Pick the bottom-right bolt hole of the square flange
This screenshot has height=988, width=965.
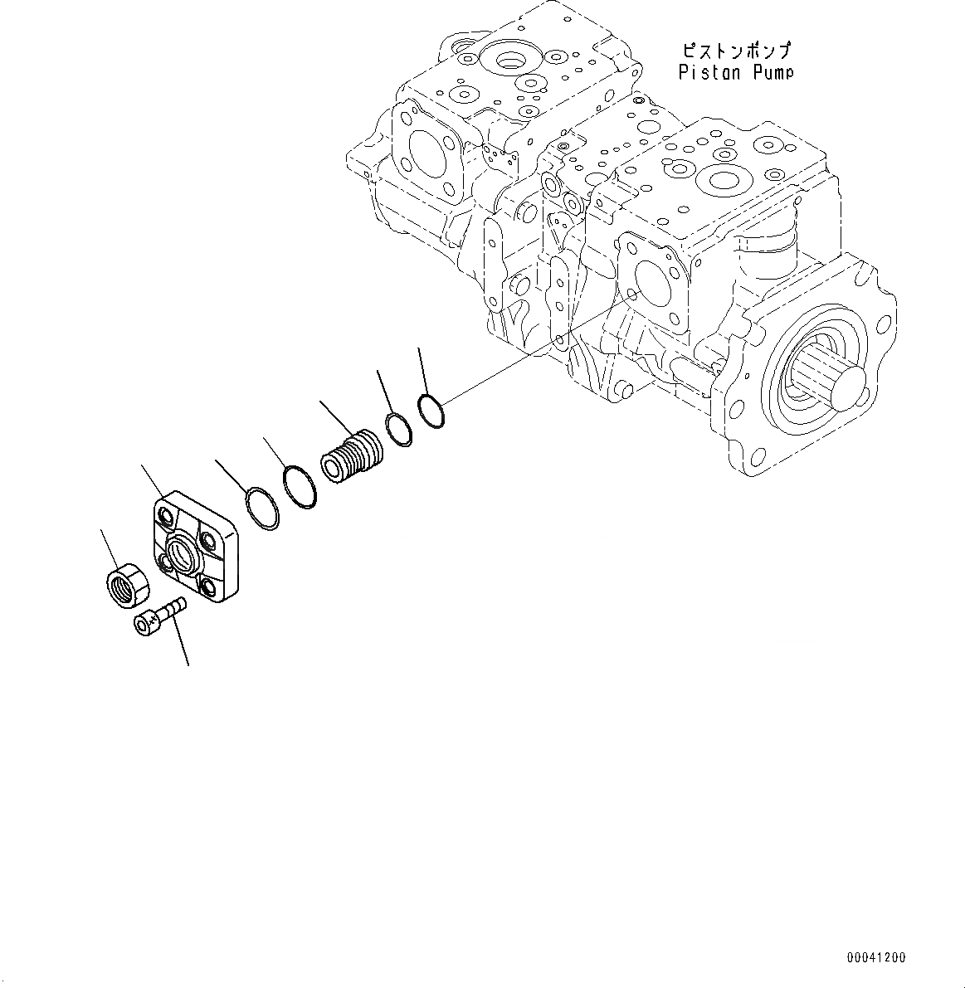(x=208, y=586)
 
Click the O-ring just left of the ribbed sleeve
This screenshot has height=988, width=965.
(x=299, y=488)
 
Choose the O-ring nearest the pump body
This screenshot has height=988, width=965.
(x=431, y=411)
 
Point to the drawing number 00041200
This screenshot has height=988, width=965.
(x=876, y=958)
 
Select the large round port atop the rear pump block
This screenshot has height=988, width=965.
(x=507, y=61)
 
